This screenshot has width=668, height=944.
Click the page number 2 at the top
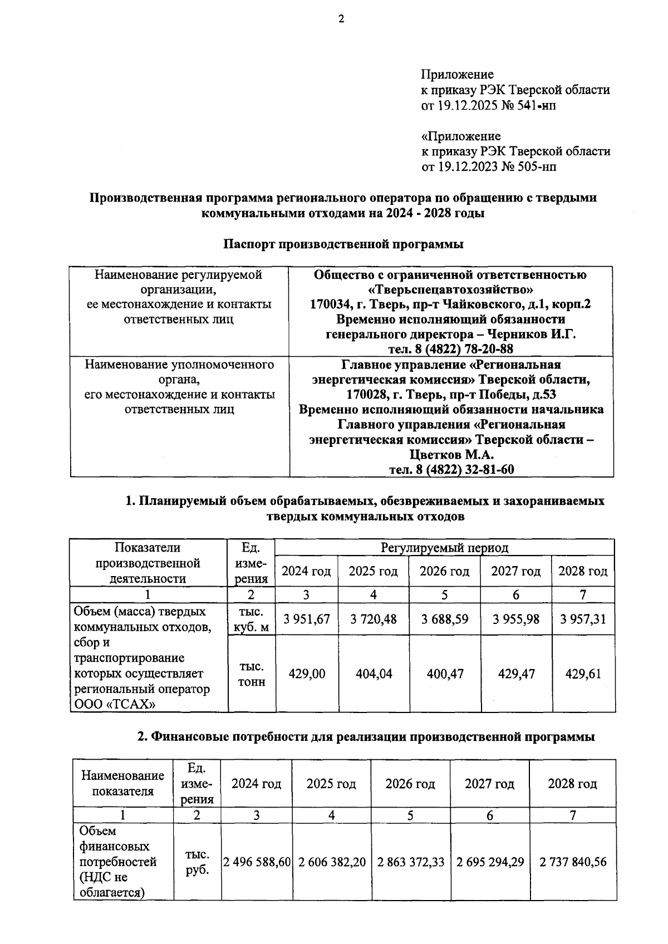(341, 19)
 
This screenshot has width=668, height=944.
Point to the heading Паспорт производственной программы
(343, 244)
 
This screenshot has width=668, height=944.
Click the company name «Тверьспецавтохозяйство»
(451, 289)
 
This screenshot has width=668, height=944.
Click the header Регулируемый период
(444, 548)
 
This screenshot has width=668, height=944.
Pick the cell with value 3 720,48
(374, 619)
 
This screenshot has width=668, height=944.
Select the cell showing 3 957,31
(583, 619)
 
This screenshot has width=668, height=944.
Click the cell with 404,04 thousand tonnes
(374, 674)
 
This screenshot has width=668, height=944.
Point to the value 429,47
(516, 674)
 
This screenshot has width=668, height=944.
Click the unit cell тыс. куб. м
(252, 619)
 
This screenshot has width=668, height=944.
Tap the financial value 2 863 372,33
(411, 862)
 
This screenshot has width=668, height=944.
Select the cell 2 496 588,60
(257, 862)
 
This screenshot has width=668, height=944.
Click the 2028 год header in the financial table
(572, 784)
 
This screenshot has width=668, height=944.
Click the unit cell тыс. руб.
(197, 862)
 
